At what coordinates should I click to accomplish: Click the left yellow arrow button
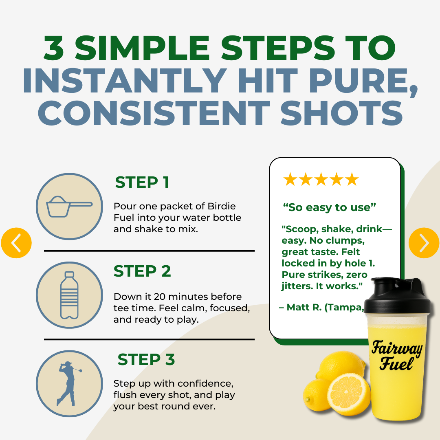point(16,243)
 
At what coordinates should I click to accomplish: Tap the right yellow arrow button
point(424,243)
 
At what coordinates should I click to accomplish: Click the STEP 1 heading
point(142,183)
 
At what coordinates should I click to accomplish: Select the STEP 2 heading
point(142,271)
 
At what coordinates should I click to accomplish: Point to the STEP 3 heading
point(146,360)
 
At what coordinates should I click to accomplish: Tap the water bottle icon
point(69,295)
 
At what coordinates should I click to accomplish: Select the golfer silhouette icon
point(68,383)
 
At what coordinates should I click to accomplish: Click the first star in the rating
point(290,180)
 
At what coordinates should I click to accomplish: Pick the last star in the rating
point(352,180)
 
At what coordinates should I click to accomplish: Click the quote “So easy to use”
point(329,207)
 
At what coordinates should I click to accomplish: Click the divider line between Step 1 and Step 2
point(149,251)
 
